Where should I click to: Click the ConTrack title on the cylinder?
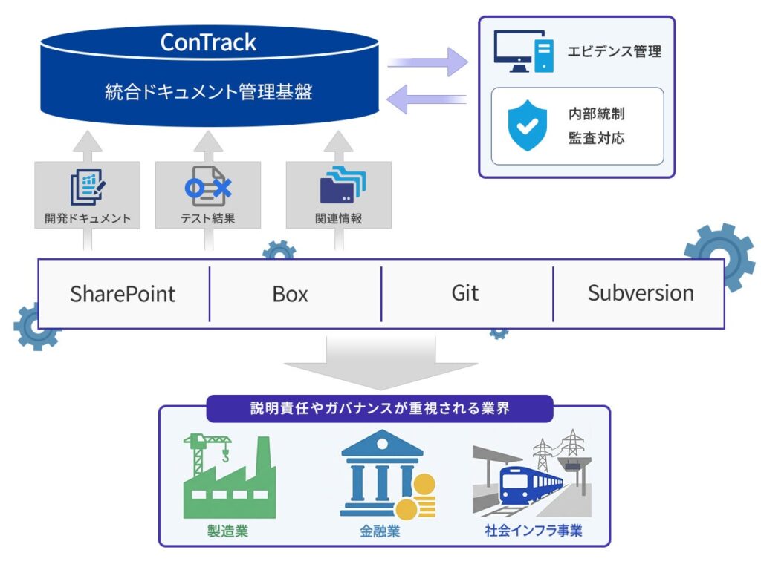tap(208, 42)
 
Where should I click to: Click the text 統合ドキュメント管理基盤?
tap(208, 93)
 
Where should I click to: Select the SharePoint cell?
tap(123, 293)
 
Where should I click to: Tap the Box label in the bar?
tap(290, 294)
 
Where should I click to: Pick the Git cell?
tap(465, 293)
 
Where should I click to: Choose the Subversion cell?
tap(641, 293)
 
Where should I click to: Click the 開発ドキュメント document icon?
tap(88, 188)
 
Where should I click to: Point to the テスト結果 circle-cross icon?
tap(207, 188)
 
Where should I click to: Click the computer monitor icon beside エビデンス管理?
tap(525, 52)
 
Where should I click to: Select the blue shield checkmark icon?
tap(526, 126)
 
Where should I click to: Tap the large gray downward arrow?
tap(380, 362)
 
